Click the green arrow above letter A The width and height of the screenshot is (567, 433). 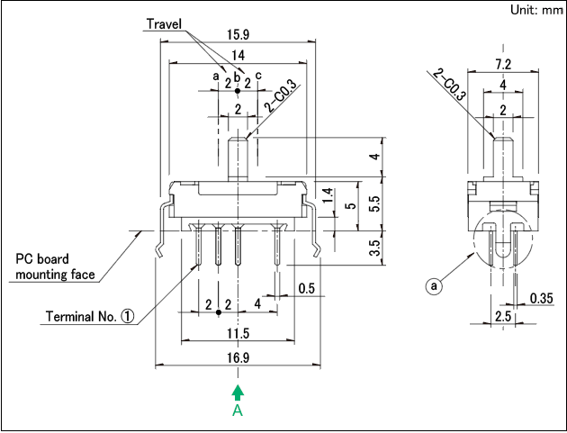tap(238, 392)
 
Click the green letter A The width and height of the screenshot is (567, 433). tap(238, 410)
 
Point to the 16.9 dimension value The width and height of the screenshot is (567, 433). tap(237, 357)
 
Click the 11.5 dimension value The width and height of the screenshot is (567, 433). tap(237, 333)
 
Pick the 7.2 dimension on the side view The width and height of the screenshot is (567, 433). tap(503, 65)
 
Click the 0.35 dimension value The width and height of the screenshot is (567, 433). tap(542, 298)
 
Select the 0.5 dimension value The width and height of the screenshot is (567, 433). tap(307, 289)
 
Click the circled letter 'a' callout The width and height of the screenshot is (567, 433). tap(435, 287)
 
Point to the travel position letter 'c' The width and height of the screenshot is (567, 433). tap(258, 77)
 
